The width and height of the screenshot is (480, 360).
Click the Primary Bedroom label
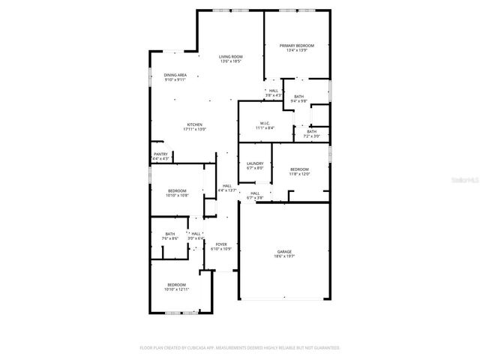(296, 46)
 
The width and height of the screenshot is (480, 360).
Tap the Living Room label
(230, 57)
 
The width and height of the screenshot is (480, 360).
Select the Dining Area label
(175, 75)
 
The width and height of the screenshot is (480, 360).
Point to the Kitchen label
(195, 124)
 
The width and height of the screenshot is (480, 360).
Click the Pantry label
(160, 154)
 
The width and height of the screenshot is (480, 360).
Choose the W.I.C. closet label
(265, 124)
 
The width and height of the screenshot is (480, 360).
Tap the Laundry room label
(255, 163)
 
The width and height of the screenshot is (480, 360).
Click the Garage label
(284, 251)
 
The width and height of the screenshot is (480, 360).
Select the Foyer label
(221, 244)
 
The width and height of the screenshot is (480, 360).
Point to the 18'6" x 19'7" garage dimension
(284, 256)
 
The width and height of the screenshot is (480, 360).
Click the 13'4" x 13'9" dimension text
(296, 51)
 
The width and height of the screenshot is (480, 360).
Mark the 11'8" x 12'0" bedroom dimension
(299, 174)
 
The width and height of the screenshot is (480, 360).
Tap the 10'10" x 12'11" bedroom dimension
(177, 289)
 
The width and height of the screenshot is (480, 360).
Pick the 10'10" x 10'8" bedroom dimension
(177, 195)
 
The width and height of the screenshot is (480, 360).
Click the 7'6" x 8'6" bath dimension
(169, 238)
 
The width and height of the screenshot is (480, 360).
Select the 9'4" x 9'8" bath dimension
(298, 101)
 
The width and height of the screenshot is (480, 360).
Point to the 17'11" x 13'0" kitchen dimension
(195, 130)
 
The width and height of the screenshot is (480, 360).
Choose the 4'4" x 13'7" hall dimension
(226, 190)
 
